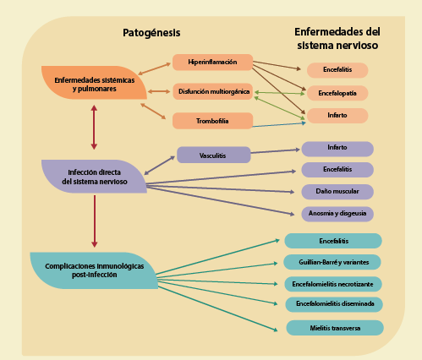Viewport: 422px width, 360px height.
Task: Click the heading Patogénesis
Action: click(x=152, y=32)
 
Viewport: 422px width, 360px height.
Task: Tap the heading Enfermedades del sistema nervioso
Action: click(x=336, y=38)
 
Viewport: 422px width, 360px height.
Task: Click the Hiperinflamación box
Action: click(x=212, y=63)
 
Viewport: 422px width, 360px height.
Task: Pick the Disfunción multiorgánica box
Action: click(x=212, y=91)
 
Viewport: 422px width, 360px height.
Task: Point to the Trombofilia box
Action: click(x=212, y=121)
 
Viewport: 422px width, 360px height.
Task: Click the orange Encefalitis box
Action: click(x=337, y=70)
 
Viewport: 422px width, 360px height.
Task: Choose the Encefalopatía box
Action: click(x=337, y=93)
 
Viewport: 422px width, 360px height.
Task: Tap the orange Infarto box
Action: click(x=337, y=115)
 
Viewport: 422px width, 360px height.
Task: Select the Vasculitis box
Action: click(x=213, y=155)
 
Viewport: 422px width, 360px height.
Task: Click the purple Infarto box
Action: click(x=337, y=149)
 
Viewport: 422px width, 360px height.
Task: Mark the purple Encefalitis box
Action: click(x=337, y=170)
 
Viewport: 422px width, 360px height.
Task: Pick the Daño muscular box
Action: click(x=337, y=192)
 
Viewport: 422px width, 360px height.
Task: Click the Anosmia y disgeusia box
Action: click(x=337, y=214)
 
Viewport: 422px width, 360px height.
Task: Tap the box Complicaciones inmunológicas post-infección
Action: click(x=93, y=270)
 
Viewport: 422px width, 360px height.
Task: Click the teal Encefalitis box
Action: click(x=333, y=241)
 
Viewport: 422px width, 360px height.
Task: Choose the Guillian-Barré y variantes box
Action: click(x=333, y=262)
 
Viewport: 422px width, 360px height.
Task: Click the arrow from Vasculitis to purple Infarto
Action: click(x=277, y=152)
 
